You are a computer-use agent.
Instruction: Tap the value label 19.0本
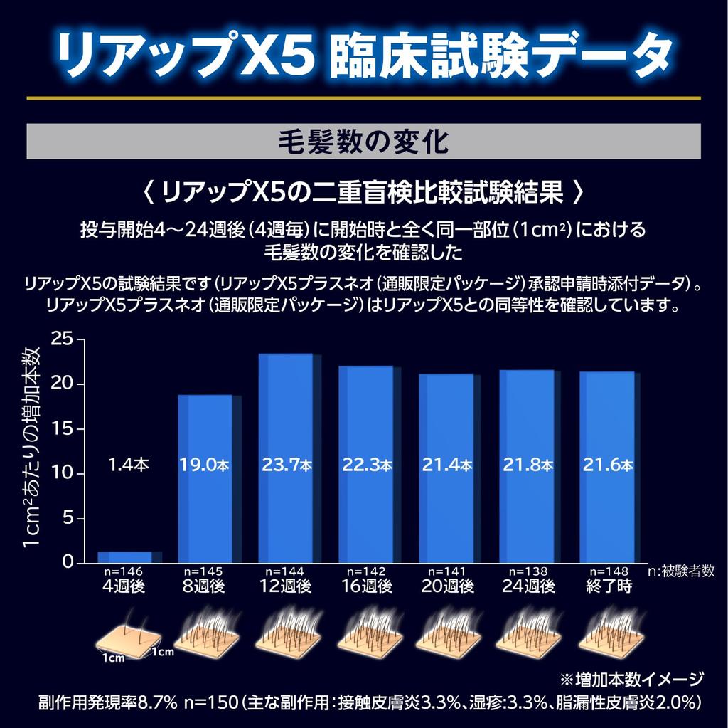pyautogui.click(x=204, y=465)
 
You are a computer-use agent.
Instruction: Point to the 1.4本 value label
pyautogui.click(x=129, y=465)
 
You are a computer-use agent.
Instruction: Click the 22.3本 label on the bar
pyautogui.click(x=365, y=465)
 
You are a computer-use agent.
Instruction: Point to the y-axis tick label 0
pyautogui.click(x=68, y=563)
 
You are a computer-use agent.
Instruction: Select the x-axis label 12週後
pyautogui.click(x=285, y=586)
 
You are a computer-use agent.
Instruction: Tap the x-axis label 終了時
pyautogui.click(x=607, y=586)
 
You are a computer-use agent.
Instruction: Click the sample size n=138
pyautogui.click(x=527, y=571)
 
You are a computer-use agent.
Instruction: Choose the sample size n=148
pyautogui.click(x=607, y=571)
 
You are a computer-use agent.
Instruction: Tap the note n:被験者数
pyautogui.click(x=680, y=572)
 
